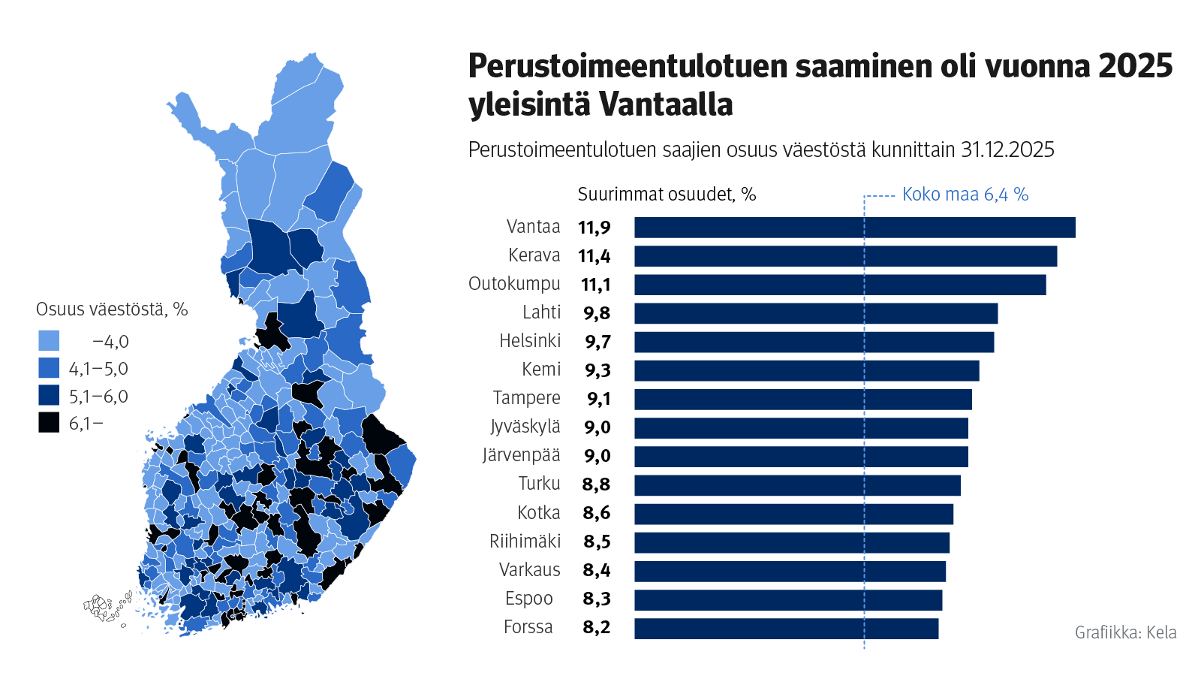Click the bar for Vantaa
[x=854, y=228]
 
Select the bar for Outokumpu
[x=839, y=285]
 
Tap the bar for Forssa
[x=786, y=629]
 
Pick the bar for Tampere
[x=802, y=400]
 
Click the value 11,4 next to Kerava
[x=594, y=257]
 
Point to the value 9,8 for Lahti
[x=596, y=314]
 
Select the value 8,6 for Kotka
[x=596, y=514]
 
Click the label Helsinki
[x=530, y=341]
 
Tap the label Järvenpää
[x=521, y=455]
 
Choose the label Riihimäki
[x=525, y=542]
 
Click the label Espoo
[x=528, y=599]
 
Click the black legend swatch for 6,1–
[x=49, y=423]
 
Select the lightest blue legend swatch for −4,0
[x=49, y=341]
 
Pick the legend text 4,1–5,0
[x=98, y=369]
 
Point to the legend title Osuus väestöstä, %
[x=112, y=309]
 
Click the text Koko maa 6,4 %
[x=965, y=195]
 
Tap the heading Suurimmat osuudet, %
[x=667, y=195]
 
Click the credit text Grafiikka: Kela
[x=1125, y=632]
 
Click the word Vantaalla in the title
[x=667, y=104]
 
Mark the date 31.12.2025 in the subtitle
[x=1007, y=150]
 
